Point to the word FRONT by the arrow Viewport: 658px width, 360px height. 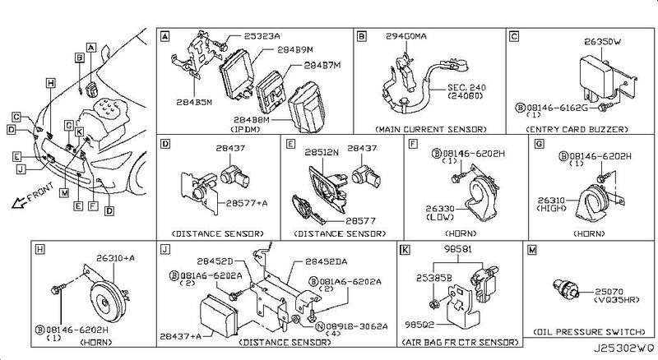coord(39,197)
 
